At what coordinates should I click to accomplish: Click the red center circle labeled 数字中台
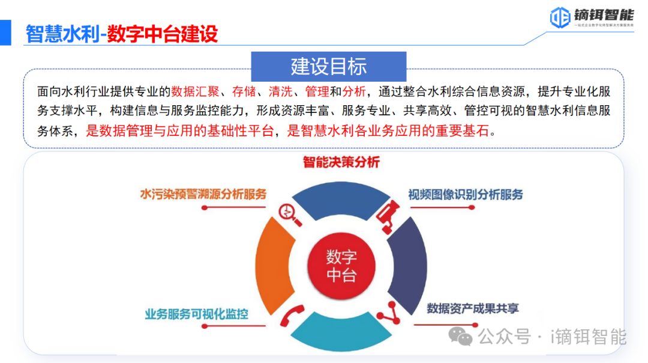(341, 266)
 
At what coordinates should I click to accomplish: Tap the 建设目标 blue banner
(328, 66)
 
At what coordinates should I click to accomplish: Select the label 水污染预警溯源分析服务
(203, 194)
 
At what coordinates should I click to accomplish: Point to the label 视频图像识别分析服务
(466, 194)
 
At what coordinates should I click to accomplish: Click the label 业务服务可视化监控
(196, 314)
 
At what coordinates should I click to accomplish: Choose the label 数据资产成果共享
(473, 308)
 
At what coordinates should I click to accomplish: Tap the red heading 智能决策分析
(341, 162)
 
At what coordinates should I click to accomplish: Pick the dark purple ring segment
(413, 264)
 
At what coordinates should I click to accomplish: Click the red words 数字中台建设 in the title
(162, 34)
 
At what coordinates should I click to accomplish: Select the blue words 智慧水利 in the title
(61, 34)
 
